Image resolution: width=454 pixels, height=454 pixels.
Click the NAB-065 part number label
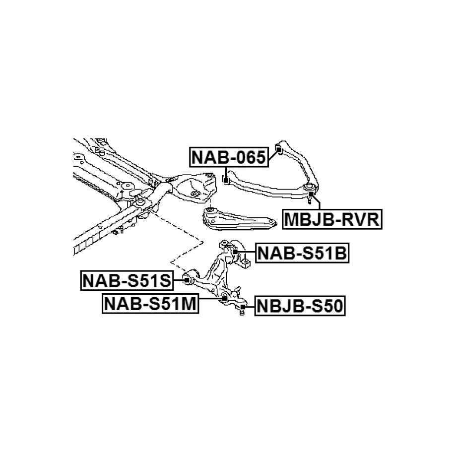[x=229, y=157]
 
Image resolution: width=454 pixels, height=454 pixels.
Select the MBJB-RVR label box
[x=332, y=219]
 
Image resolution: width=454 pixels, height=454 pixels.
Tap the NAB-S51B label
[x=302, y=253]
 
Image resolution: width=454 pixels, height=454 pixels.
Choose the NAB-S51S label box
[x=127, y=280]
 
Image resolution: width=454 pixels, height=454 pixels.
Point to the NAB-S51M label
[x=150, y=304]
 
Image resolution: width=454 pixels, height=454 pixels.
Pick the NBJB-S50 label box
[x=300, y=306]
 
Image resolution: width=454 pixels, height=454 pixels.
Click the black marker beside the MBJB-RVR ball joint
[x=311, y=195]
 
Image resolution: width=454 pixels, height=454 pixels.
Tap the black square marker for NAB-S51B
[x=235, y=252]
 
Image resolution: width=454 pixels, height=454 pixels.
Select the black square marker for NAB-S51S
[x=187, y=280]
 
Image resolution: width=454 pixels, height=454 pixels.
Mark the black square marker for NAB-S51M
[x=223, y=298]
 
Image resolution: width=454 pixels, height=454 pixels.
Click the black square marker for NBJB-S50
[x=243, y=307]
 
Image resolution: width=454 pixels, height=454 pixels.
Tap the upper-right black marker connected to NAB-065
[x=279, y=149]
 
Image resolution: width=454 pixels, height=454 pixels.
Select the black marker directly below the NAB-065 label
[x=226, y=180]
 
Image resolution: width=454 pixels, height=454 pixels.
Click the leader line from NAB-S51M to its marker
[x=210, y=299]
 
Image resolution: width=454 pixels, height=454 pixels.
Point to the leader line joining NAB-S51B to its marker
[x=247, y=253]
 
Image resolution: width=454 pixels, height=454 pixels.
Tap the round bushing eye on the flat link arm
[x=210, y=209]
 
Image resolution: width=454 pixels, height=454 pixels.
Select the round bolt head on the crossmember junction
[x=140, y=200]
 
